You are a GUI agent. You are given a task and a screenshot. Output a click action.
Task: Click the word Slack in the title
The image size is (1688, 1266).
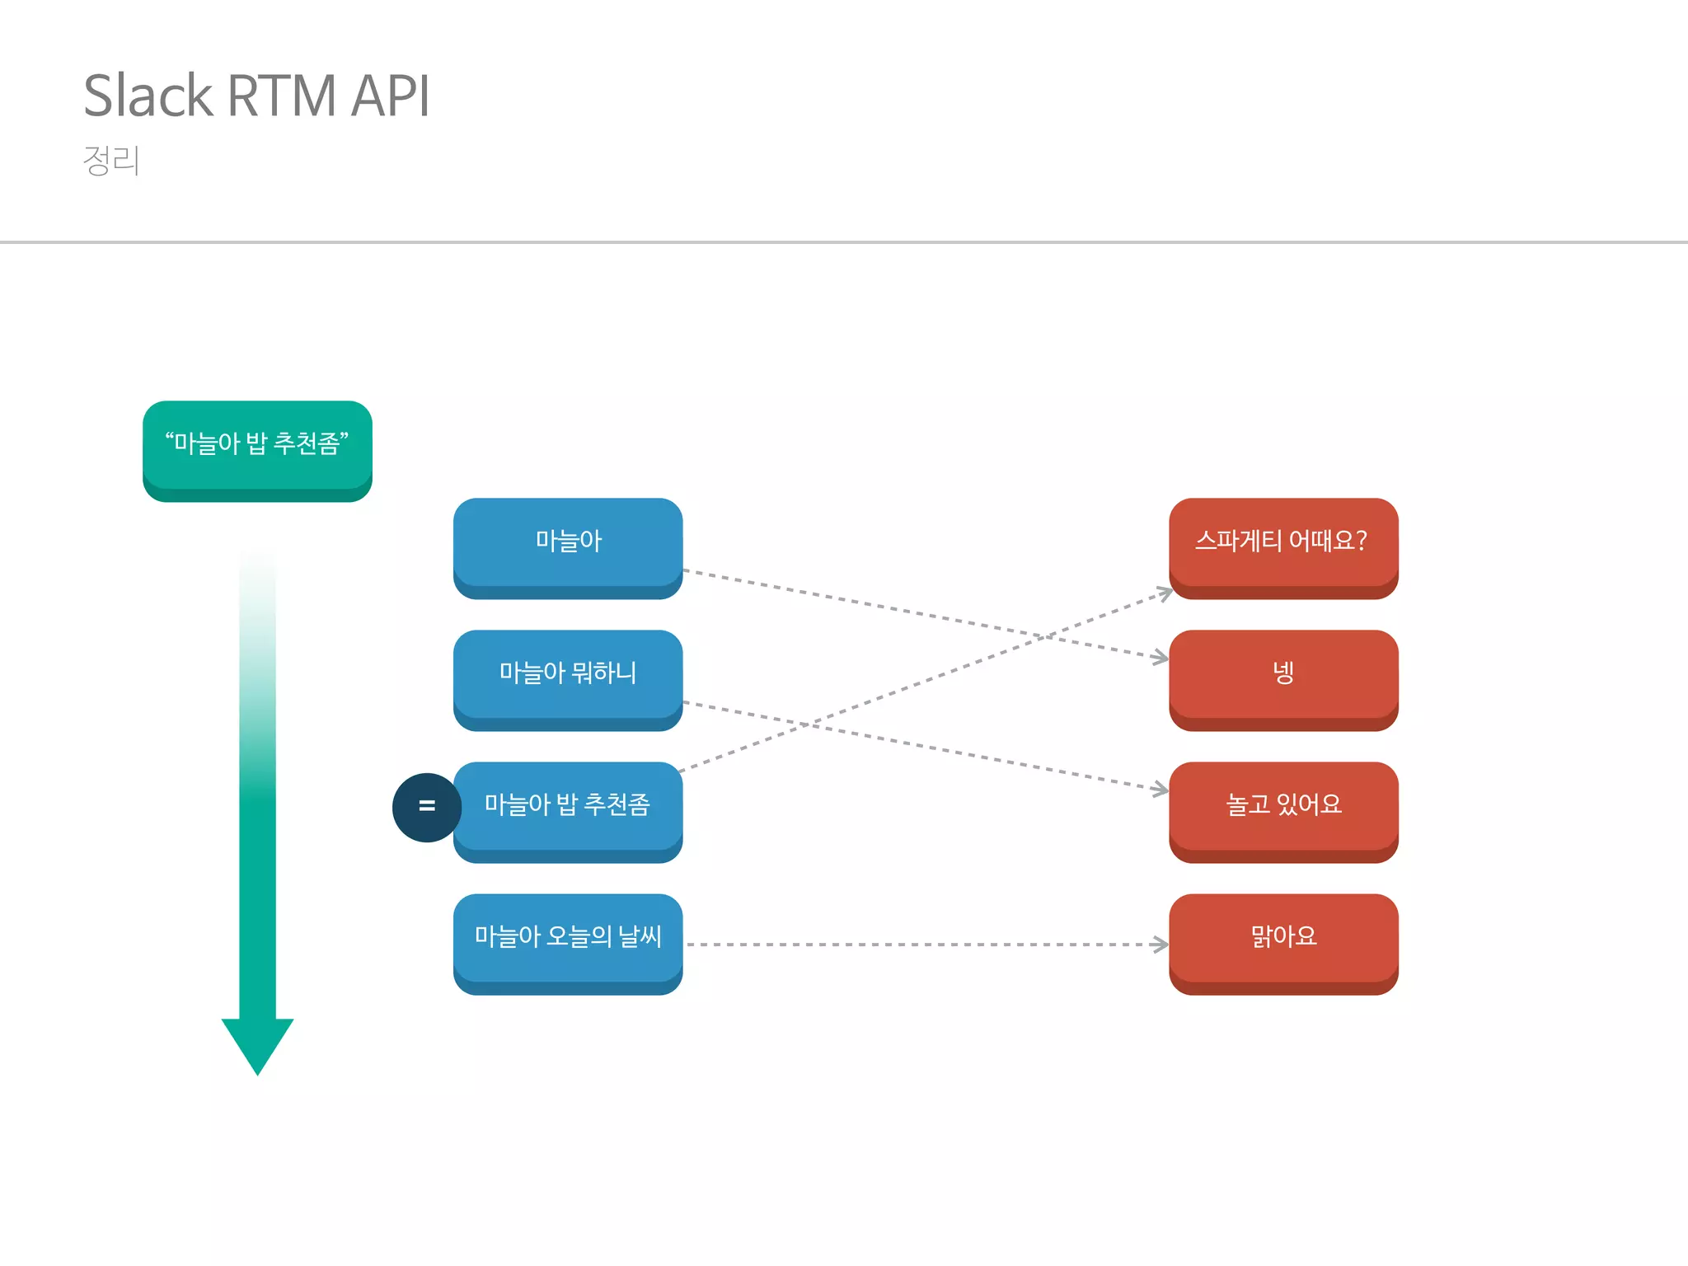click(148, 96)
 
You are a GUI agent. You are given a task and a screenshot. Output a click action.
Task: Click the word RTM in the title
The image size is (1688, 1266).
click(281, 96)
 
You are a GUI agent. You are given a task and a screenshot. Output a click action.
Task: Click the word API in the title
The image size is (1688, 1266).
click(390, 96)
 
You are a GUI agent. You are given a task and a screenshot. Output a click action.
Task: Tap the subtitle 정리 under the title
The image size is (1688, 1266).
click(111, 160)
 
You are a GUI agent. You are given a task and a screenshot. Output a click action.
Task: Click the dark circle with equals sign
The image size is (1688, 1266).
click(426, 807)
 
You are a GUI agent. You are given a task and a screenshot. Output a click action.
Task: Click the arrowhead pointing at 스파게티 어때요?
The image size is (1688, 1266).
click(1165, 593)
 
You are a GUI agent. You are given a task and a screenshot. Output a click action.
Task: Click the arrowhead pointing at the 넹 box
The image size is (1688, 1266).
click(1162, 658)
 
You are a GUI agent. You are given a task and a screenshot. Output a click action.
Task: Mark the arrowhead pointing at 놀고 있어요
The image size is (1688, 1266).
click(1162, 790)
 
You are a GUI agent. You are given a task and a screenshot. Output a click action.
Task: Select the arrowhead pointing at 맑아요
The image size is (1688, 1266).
click(1162, 945)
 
